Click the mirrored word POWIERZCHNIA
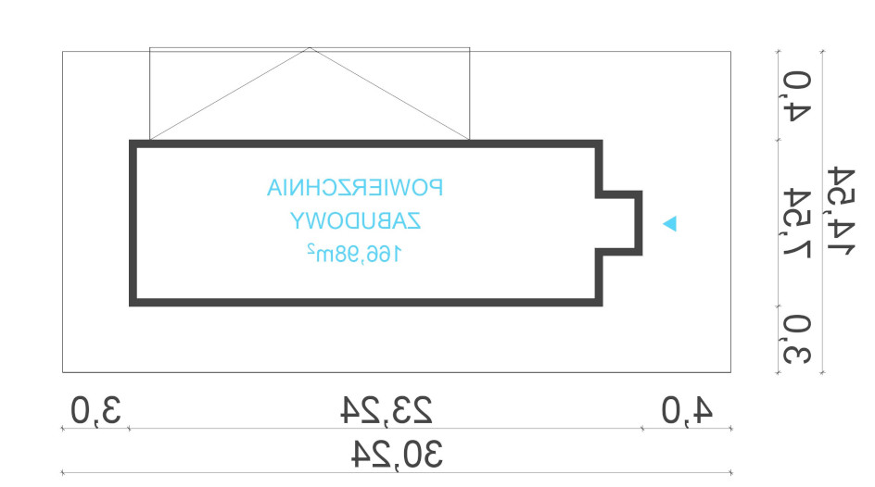(x=355, y=188)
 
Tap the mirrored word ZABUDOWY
(x=356, y=221)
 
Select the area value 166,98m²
(x=354, y=254)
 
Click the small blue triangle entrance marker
(x=669, y=223)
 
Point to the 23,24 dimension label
(x=387, y=410)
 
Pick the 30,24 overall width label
(x=397, y=454)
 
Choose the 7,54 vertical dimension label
(x=797, y=223)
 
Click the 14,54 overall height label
(x=841, y=210)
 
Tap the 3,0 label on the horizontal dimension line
(x=95, y=411)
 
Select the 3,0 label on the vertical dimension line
(x=797, y=340)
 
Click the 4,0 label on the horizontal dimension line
(x=687, y=411)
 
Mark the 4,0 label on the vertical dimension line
(x=797, y=96)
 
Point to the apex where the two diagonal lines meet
(x=310, y=48)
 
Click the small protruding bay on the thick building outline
(x=640, y=223)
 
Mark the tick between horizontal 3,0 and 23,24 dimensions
(x=130, y=429)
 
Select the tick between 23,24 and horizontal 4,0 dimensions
(x=642, y=429)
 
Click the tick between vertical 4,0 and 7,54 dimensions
(x=779, y=140)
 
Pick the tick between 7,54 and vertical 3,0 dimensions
(x=779, y=306)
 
